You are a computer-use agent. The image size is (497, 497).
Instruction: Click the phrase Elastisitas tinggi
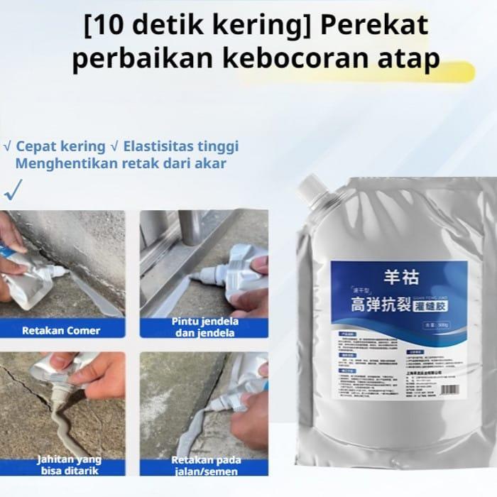pos(181,146)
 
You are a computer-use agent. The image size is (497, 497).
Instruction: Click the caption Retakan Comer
pos(61,330)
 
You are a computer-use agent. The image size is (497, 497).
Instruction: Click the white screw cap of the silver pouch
pos(313,187)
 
